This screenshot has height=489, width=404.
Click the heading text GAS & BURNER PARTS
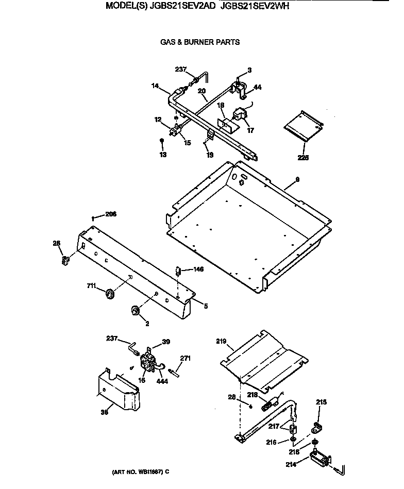pyautogui.click(x=200, y=42)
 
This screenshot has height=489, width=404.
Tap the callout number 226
pyautogui.click(x=303, y=159)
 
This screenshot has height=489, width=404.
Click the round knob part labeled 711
pyautogui.click(x=110, y=294)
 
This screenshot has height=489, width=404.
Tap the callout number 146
pyautogui.click(x=198, y=269)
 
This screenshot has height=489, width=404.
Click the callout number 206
pyautogui.click(x=111, y=214)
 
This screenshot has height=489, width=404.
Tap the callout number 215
pyautogui.click(x=321, y=402)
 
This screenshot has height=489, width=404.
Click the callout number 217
pyautogui.click(x=274, y=426)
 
